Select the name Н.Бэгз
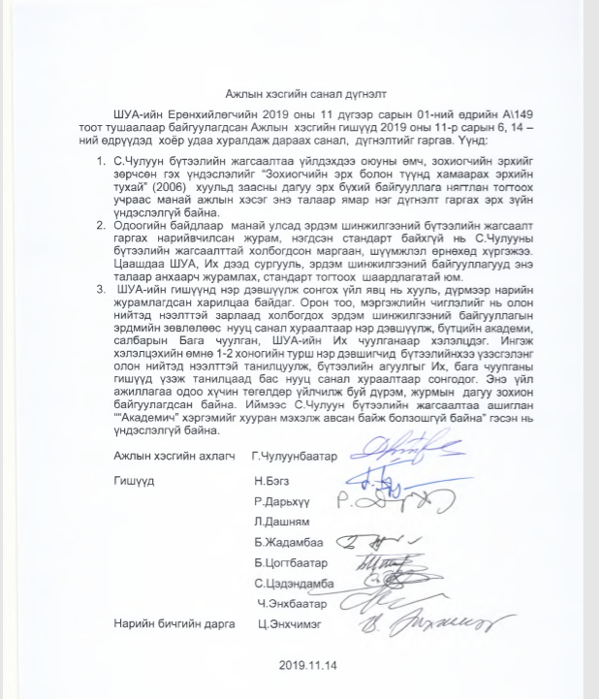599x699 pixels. (x=268, y=481)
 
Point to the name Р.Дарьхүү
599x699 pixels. (x=281, y=502)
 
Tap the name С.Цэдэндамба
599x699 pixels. (x=294, y=584)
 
